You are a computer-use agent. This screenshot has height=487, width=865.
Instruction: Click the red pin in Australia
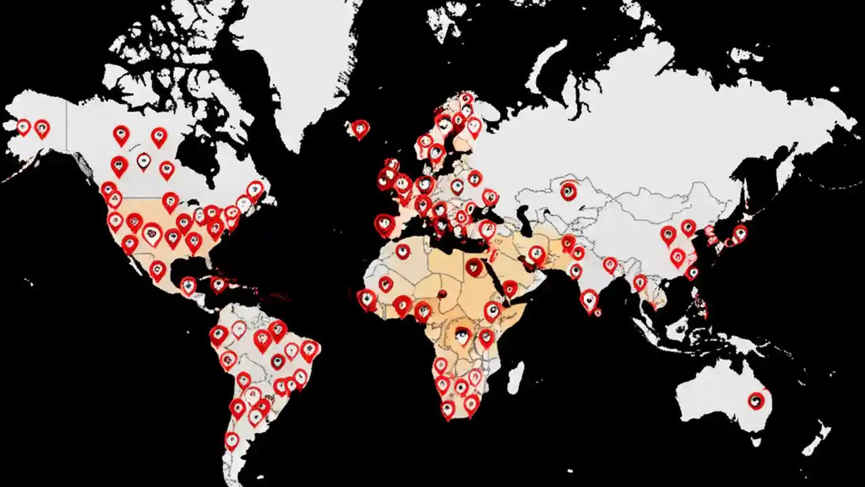pyautogui.click(x=756, y=400)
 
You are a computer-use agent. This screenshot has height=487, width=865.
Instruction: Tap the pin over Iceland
pyautogui.click(x=360, y=128)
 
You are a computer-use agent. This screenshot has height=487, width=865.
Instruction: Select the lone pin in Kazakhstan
pyautogui.click(x=568, y=191)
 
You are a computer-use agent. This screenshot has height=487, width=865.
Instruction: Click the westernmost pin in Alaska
pyautogui.click(x=24, y=126)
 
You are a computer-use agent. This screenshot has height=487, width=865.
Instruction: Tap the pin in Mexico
pyautogui.click(x=157, y=270)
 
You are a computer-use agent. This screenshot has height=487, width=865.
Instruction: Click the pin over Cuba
pyautogui.click(x=218, y=284)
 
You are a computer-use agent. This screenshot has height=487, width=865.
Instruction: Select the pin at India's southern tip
pyautogui.click(x=589, y=300)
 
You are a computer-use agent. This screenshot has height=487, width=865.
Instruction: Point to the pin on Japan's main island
pyautogui.click(x=740, y=233)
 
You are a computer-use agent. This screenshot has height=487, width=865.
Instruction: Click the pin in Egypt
pyautogui.click(x=474, y=266)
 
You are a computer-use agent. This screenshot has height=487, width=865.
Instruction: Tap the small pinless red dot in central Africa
pyautogui.click(x=443, y=293)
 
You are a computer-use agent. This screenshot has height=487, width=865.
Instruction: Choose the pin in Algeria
pyautogui.click(x=403, y=251)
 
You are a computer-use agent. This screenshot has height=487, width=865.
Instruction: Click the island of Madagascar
pyautogui.click(x=515, y=377)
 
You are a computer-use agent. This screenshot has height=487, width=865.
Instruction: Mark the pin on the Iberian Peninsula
pyautogui.click(x=385, y=223)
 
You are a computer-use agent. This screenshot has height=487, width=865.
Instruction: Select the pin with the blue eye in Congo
pyautogui.click(x=462, y=335)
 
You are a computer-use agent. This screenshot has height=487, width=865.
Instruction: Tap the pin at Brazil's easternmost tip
pyautogui.click(x=310, y=349)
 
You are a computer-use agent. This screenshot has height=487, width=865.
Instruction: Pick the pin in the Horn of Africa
pyautogui.click(x=510, y=289)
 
